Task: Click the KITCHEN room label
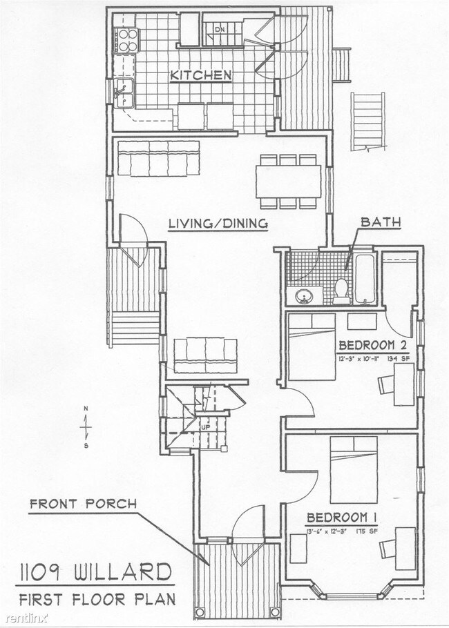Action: [201, 75]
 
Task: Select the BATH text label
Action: [379, 223]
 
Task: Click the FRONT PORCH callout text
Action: [82, 504]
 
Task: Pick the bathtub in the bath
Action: [365, 279]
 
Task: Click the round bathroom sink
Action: [304, 297]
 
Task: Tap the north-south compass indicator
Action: [86, 427]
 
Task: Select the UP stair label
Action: [205, 427]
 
